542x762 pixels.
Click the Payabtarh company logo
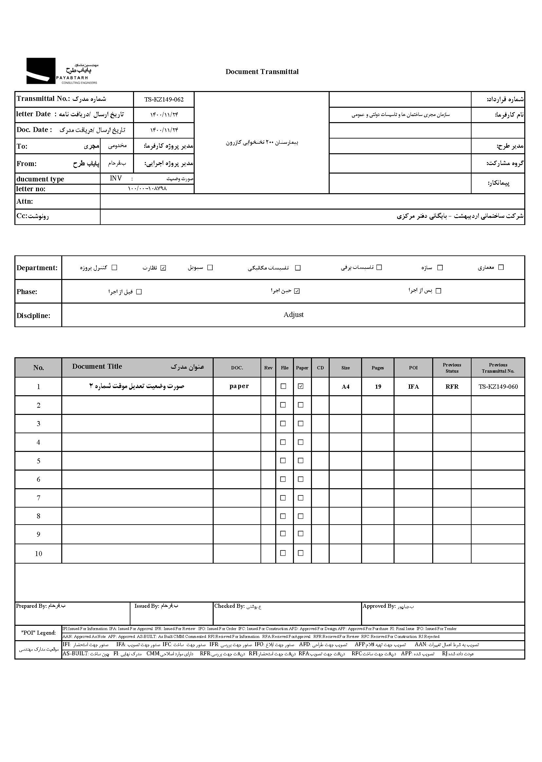coord(62,71)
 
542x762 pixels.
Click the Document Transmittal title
coord(262,72)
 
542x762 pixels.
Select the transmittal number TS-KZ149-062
coord(164,99)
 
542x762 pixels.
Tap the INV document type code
coord(116,178)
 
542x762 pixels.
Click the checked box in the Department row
coord(163,268)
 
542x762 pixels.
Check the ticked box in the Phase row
coord(297,291)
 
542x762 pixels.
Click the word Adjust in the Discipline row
coord(293,315)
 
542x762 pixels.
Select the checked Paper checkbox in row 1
coord(301,386)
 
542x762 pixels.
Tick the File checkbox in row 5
coord(283,460)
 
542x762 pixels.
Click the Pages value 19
coord(378,387)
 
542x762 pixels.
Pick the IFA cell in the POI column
coord(413,387)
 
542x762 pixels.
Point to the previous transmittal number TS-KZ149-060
coord(498,387)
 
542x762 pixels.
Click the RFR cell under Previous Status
coord(452,387)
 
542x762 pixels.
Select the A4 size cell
coord(345,387)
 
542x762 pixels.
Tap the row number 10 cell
coord(38,554)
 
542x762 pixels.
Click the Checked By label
coord(229,606)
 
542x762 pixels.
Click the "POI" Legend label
coord(38,633)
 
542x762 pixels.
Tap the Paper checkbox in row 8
coord(301,516)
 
